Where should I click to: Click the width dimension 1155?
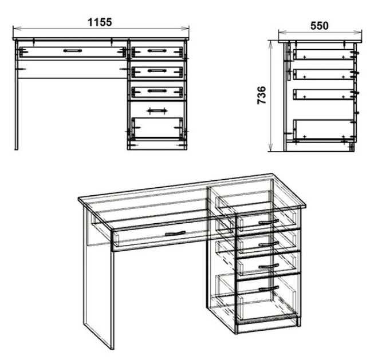click(100, 22)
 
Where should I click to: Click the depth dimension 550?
click(319, 26)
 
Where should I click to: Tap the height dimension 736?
click(262, 95)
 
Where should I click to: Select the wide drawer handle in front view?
click(73, 51)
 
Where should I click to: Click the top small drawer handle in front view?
click(157, 51)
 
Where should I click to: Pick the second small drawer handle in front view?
click(157, 70)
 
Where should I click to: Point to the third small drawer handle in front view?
click(157, 90)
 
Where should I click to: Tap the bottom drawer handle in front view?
click(157, 110)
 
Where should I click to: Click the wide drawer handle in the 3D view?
click(175, 234)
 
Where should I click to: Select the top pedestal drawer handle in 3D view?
click(269, 221)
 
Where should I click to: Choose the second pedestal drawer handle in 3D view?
click(269, 244)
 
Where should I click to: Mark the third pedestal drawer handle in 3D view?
click(269, 266)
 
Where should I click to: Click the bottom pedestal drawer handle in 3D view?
click(269, 288)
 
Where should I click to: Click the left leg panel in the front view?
click(16, 95)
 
